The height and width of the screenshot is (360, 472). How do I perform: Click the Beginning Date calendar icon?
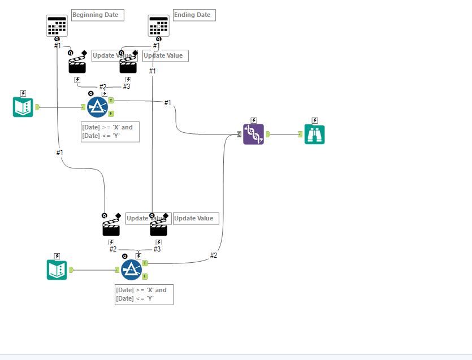coord(57,25)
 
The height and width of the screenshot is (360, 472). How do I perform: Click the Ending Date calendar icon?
coord(158,25)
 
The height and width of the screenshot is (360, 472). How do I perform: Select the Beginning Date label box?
coord(97,15)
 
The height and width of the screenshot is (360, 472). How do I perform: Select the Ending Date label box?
coord(194,15)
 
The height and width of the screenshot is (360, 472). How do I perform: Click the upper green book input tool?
coord(23,107)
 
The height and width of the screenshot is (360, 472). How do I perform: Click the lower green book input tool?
coord(57,270)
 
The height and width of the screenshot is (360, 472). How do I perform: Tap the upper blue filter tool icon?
coord(97,107)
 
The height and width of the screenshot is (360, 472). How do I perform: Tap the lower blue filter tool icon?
coord(131,270)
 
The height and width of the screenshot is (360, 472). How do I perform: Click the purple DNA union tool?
coord(253,134)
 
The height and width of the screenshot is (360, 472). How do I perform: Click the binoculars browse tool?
coord(314,134)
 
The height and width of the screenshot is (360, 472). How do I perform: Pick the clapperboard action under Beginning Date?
coord(77,65)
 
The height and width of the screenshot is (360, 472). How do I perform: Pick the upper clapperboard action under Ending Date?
coord(128,65)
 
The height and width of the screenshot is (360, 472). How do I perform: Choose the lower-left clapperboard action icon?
coord(111,227)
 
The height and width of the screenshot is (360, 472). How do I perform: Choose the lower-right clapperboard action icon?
coord(158,227)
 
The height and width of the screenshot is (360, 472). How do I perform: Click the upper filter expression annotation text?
coord(110,131)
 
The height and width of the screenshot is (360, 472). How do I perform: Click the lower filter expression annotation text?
coord(144,294)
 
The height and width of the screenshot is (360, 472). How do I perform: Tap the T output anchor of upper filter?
coord(111,100)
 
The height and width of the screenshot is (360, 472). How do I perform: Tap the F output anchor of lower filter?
coord(145,276)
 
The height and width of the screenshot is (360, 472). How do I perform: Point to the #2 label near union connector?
coord(214,255)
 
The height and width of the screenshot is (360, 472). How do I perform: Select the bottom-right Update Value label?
coord(196,218)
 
